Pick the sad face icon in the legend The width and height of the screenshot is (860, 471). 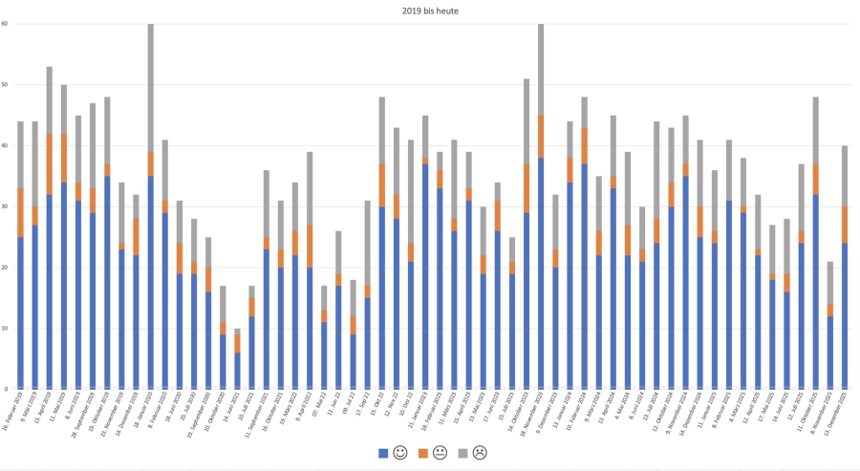tap(481, 452)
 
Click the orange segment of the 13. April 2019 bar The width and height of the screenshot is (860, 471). tap(50, 164)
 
